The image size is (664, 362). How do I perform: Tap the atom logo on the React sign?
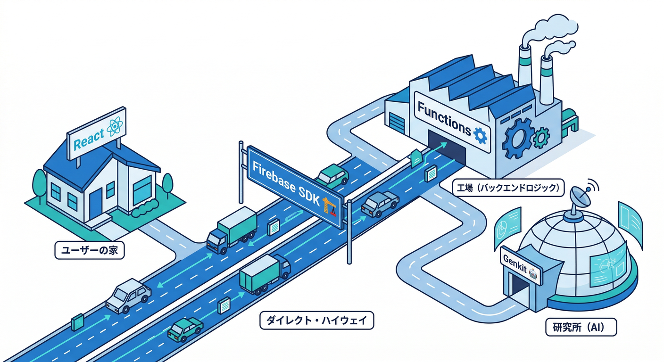pyautogui.click(x=115, y=126)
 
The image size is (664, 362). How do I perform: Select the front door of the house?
pyautogui.click(x=96, y=202)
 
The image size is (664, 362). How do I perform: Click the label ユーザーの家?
pyautogui.click(x=90, y=250)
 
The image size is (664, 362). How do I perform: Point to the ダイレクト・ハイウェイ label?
pyautogui.click(x=317, y=321)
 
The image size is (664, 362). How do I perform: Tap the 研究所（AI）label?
pyautogui.click(x=574, y=327)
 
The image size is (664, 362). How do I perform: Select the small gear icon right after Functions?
pyautogui.click(x=480, y=135)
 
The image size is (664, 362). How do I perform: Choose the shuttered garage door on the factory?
pyautogui.click(x=397, y=123)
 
